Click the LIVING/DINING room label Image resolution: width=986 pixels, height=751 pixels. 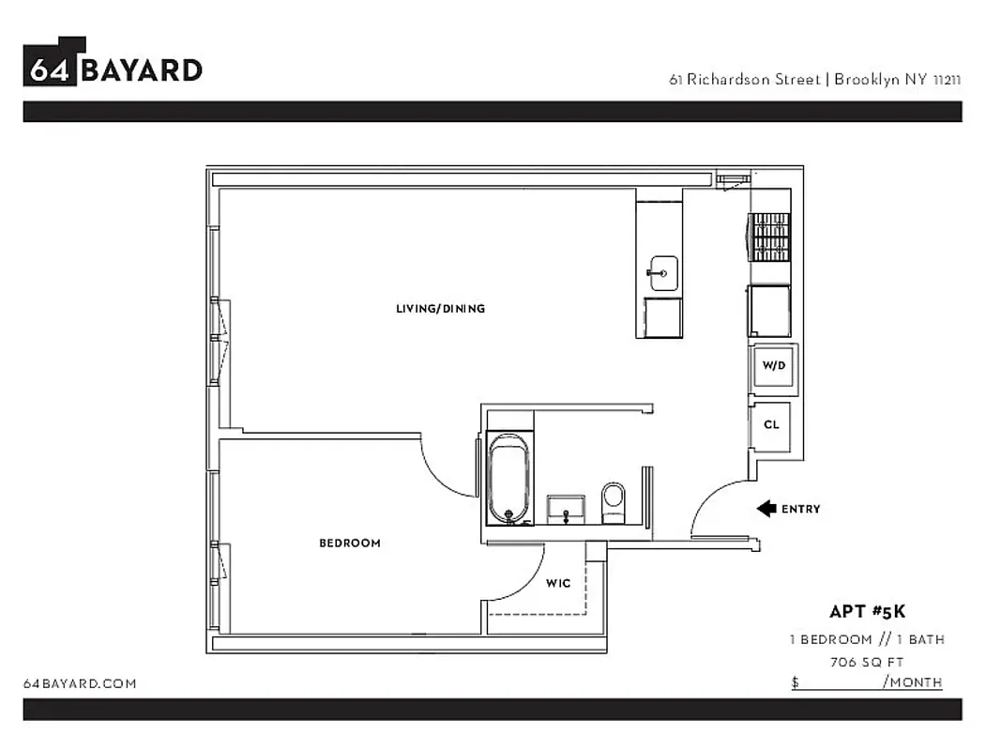[x=440, y=309]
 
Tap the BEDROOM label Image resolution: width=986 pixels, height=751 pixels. [x=350, y=543]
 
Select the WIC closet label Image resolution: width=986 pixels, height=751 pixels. [x=558, y=583]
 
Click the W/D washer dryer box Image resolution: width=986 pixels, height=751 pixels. [x=773, y=366]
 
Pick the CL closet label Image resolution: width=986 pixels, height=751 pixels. [x=771, y=424]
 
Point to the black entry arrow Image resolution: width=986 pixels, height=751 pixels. [x=766, y=509]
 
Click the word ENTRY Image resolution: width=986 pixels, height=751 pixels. [x=800, y=509]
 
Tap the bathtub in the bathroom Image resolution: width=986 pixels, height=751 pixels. [x=508, y=479]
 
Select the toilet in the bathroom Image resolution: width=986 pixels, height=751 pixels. [x=613, y=501]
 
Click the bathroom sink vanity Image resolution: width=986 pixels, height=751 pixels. [x=566, y=510]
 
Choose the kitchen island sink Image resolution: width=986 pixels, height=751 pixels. [x=662, y=273]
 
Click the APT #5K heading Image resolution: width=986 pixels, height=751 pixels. [x=867, y=611]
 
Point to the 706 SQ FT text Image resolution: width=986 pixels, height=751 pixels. [x=867, y=661]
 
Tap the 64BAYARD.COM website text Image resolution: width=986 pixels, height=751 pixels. [x=80, y=683]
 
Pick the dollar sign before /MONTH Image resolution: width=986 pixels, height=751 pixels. [x=795, y=682]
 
